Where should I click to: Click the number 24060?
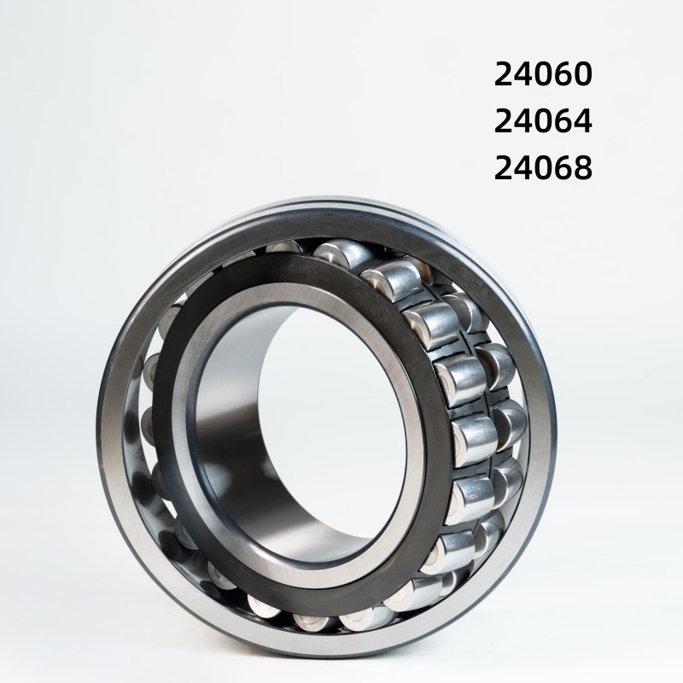coord(543,76)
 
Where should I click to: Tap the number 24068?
coord(543,167)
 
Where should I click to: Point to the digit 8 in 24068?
coord(581,167)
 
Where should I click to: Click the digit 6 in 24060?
coord(563,76)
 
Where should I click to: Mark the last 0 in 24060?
coord(581,76)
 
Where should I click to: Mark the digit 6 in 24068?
coord(563,167)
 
